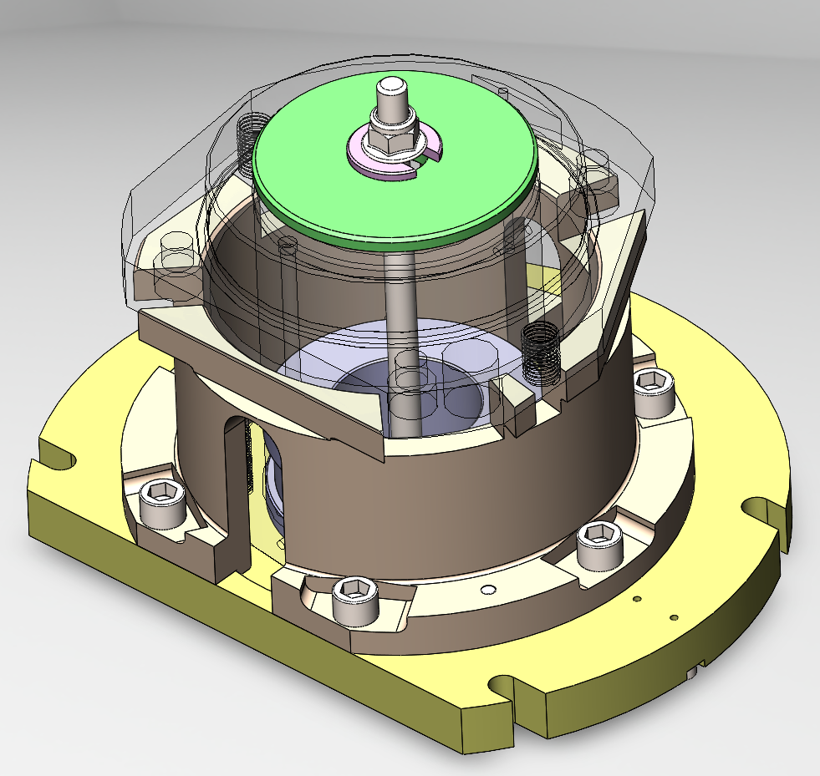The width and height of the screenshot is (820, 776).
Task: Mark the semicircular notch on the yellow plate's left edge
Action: point(59,459)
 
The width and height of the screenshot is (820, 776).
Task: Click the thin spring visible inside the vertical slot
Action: point(248,468)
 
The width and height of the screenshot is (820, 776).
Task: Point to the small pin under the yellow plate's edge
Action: point(693,671)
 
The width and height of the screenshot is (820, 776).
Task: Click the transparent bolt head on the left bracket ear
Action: point(176,251)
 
